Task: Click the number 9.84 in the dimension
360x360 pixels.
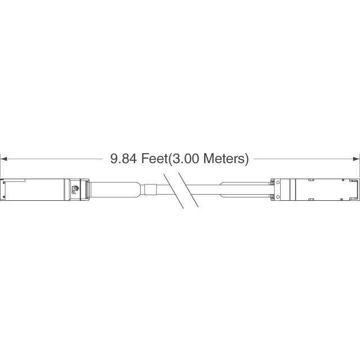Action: (x=123, y=159)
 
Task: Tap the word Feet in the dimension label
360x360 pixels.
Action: (x=154, y=159)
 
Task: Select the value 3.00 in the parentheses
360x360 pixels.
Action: (x=185, y=159)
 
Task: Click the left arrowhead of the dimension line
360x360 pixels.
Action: (x=4, y=159)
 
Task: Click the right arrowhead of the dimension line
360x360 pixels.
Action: (x=356, y=159)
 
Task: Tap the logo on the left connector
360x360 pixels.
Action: (x=75, y=190)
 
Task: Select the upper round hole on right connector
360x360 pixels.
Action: (x=278, y=182)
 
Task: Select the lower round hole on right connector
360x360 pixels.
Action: (x=278, y=196)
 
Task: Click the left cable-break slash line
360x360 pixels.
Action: (x=174, y=191)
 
